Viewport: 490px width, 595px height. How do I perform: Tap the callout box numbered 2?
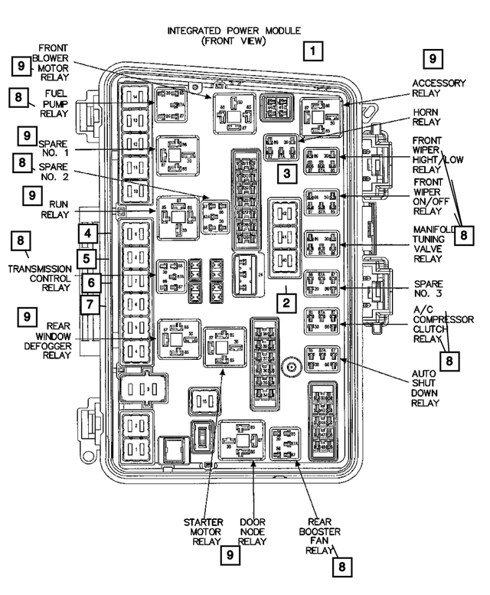pos(286,303)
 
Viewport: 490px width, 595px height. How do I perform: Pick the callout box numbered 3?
pos(286,174)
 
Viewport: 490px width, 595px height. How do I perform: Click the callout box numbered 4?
pos(89,234)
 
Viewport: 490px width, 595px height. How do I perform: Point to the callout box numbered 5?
pos(89,259)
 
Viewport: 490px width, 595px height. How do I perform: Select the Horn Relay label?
pos(427,117)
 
